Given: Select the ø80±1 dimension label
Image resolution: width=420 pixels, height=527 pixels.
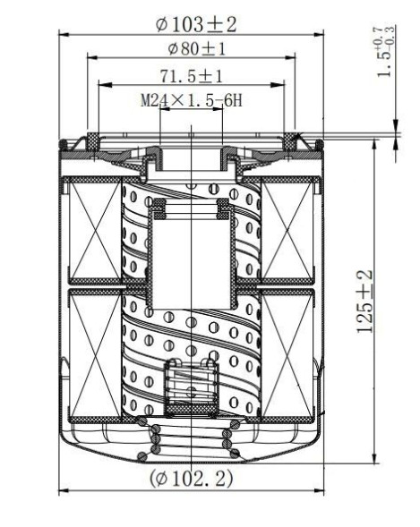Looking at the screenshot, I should pos(192,48).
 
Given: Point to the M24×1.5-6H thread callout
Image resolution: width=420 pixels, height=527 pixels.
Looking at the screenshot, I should pos(192,101).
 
